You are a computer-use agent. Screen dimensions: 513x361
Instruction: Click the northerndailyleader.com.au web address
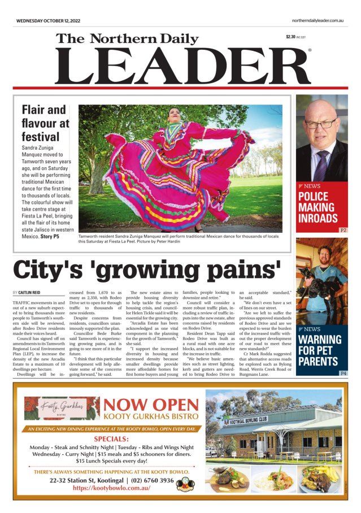coord(314,20)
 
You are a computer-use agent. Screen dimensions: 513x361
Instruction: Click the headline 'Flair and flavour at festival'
coord(45,123)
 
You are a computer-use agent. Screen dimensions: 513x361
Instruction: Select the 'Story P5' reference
coord(49,237)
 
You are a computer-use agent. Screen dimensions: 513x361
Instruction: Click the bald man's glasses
coord(320,124)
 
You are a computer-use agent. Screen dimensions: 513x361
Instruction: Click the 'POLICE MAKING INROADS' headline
coord(318,207)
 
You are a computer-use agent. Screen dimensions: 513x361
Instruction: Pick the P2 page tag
coord(343,231)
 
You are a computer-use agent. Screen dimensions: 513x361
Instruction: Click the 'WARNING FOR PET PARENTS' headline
coord(320,350)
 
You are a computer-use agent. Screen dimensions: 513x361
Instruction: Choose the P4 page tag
coord(343,373)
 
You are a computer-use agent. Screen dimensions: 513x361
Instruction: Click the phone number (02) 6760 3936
coord(143,480)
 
